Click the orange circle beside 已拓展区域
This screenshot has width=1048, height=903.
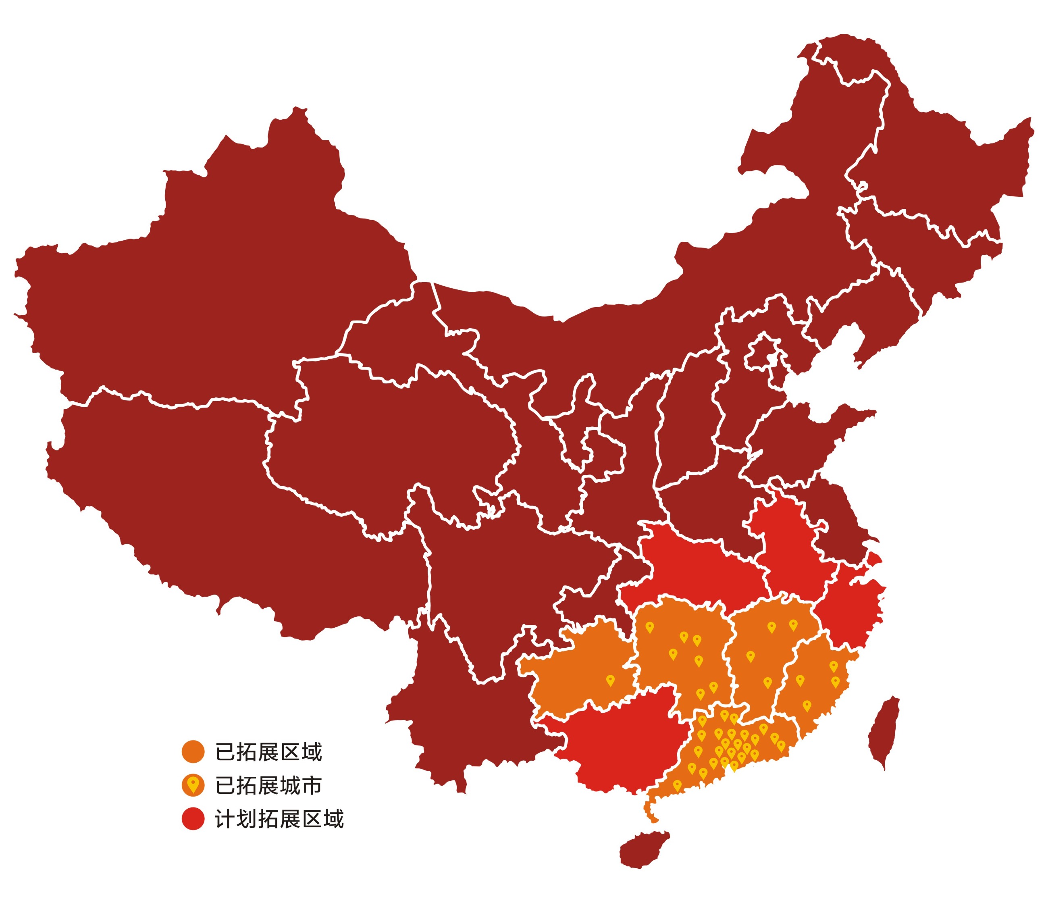tap(193, 752)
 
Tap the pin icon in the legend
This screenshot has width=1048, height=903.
tap(193, 785)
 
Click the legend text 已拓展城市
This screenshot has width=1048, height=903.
tap(268, 785)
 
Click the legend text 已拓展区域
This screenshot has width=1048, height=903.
tap(268, 752)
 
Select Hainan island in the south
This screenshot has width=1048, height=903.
tap(643, 850)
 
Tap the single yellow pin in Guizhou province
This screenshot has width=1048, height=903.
tap(611, 680)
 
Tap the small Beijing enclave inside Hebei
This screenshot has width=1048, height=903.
tap(764, 349)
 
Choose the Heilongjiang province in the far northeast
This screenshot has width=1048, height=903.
tap(936, 167)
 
